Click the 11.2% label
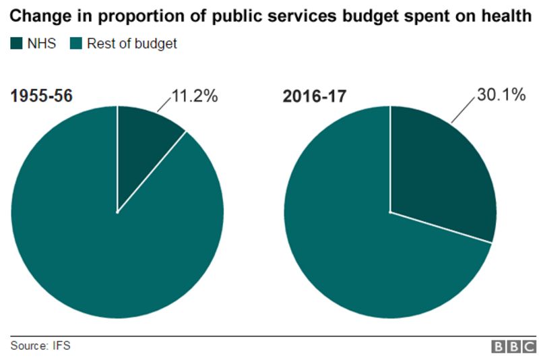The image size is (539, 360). [194, 96]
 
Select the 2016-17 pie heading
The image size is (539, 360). [315, 96]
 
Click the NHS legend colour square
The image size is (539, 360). [15, 44]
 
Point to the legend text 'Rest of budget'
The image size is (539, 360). [132, 44]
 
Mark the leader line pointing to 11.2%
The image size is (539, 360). [164, 102]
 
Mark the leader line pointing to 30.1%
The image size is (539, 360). [462, 109]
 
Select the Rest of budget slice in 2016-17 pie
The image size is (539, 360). [364, 256]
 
